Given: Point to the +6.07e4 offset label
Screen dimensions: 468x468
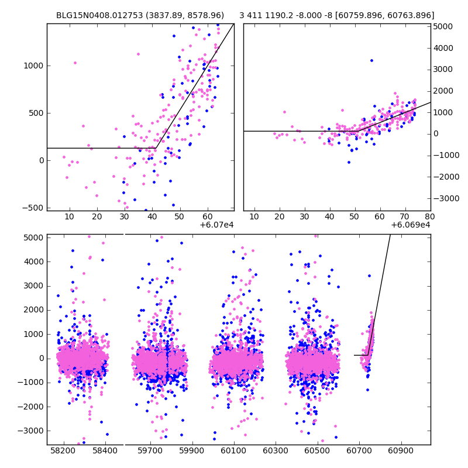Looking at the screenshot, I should pos(216,225).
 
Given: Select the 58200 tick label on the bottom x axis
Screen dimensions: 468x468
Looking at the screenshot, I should pos(63,452).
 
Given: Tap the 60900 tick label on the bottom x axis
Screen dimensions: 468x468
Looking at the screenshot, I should pos(401,452).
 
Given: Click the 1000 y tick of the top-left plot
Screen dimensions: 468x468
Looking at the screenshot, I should pos(33,66).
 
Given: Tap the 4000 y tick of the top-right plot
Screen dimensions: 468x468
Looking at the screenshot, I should pos(442,48).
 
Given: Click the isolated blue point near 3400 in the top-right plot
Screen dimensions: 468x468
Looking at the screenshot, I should pos(371,60).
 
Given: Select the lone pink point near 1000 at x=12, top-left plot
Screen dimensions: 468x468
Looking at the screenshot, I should pos(75,63).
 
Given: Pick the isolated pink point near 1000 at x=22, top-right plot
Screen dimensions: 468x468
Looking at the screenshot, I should pos(284,112).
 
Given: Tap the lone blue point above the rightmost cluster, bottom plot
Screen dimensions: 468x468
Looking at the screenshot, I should pos(369,276).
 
